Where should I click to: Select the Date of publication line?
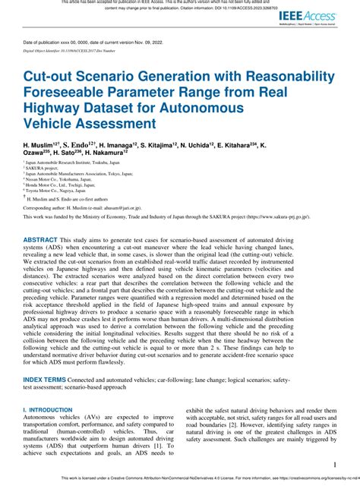click(92, 42)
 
